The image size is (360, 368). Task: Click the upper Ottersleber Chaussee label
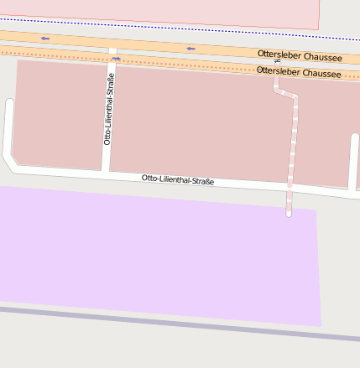pos(298,54)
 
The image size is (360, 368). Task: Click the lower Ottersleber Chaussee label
pos(298,73)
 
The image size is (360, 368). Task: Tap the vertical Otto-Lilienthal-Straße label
pos(108,109)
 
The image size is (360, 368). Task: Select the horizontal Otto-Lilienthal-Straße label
pos(177,179)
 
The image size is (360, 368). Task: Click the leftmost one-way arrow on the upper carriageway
pos(44,39)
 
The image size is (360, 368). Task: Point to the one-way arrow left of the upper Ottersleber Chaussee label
pos(190,49)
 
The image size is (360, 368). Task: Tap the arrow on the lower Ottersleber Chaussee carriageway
pos(116,59)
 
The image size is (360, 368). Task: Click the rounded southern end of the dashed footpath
pos(289,214)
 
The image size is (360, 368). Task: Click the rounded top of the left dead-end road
pos(9,103)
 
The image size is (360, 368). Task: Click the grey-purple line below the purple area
pos(168,324)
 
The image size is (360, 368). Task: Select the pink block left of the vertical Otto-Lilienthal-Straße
pos(59,113)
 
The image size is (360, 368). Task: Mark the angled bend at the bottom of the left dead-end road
pos(8,159)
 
